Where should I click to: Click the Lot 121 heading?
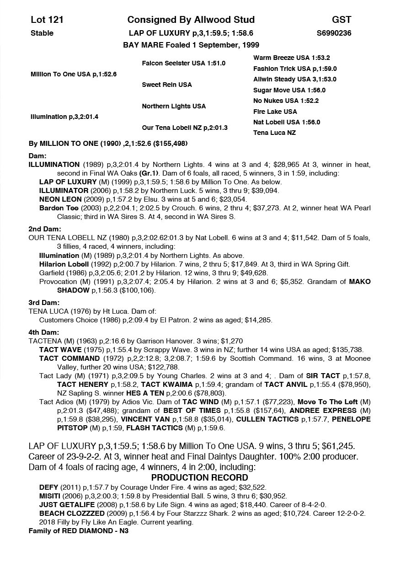tap(47, 20)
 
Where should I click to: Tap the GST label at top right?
tap(342, 20)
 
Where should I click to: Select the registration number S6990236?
tap(334, 33)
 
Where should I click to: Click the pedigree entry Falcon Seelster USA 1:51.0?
tap(183, 63)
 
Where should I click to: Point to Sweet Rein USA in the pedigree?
tap(167, 85)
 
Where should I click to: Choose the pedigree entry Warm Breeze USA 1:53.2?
tap(291, 58)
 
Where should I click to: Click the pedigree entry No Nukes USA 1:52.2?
tap(286, 101)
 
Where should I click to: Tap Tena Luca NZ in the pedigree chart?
tap(274, 133)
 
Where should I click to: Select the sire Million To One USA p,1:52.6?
tap(74, 74)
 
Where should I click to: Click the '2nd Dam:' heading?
tap(45, 229)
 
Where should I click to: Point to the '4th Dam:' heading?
tap(44, 332)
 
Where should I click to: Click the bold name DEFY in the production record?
tap(48, 488)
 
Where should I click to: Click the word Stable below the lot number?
tap(42, 33)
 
